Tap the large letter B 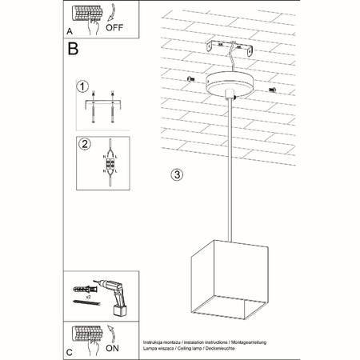click(74, 49)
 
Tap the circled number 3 click(178, 174)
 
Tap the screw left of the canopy click(190, 79)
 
